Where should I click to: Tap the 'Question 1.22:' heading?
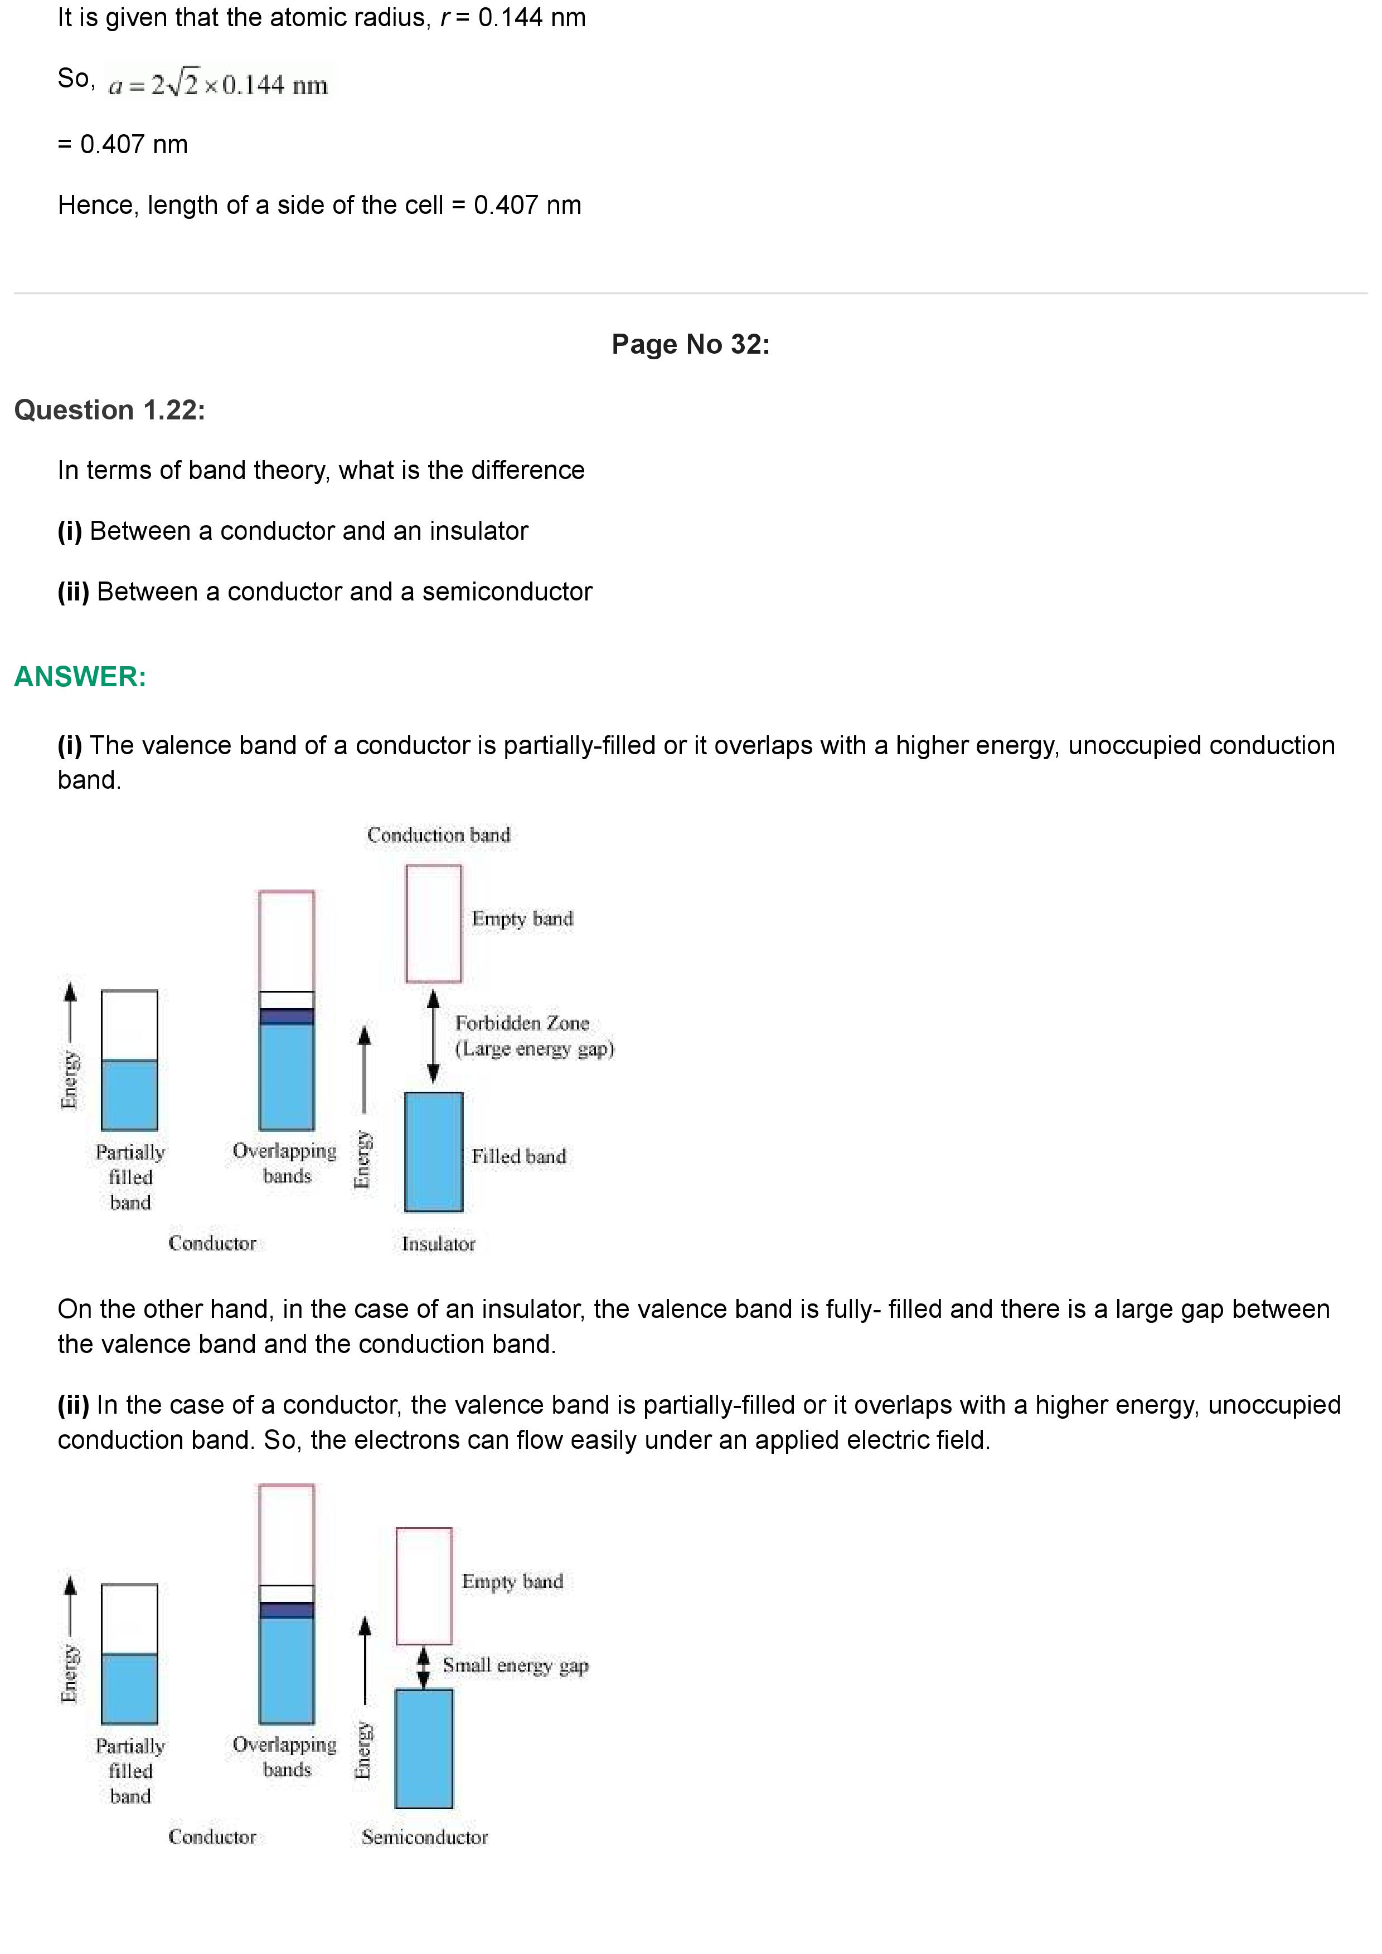click(x=110, y=410)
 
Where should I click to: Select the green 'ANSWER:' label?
click(x=80, y=677)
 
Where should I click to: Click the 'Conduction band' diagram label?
click(x=439, y=835)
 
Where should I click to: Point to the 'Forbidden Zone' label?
click(x=522, y=1023)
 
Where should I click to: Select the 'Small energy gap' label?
click(x=515, y=1665)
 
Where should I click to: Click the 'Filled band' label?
click(x=518, y=1156)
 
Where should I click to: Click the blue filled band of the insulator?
click(x=433, y=1151)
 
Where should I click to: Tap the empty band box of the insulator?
click(x=433, y=924)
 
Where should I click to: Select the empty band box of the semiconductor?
click(x=424, y=1585)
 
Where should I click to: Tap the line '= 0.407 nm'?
click(x=123, y=145)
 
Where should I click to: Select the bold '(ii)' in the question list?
click(x=73, y=592)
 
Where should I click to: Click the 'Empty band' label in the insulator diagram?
click(x=522, y=919)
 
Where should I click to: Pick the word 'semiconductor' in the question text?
click(x=507, y=592)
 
